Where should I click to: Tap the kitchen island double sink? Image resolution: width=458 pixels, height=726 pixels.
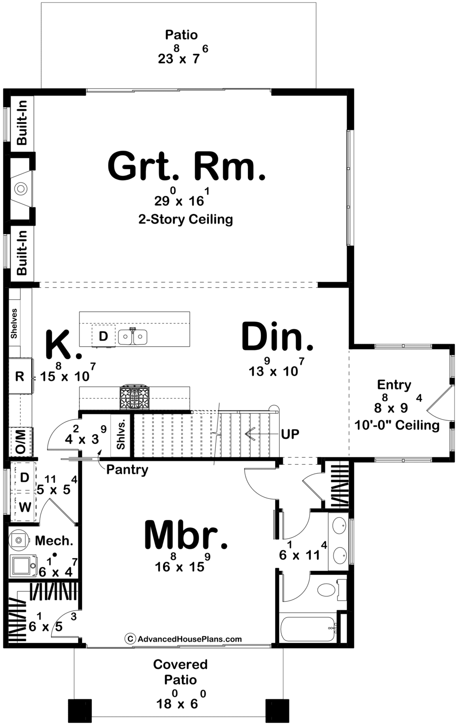[133, 337]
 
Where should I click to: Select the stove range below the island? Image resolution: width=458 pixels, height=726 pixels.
[134, 398]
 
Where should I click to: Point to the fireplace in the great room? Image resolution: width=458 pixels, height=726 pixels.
[21, 188]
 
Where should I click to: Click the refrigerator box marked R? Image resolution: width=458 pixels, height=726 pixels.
[20, 376]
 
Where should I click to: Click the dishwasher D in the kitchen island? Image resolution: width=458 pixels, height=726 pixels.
[103, 336]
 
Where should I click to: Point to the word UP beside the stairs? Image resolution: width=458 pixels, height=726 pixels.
[290, 434]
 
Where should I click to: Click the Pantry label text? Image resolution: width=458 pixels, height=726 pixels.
[128, 469]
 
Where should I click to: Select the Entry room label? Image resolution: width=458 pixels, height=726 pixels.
[394, 385]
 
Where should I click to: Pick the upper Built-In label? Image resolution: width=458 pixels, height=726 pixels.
[22, 123]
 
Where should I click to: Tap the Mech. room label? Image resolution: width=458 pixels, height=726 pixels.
[54, 540]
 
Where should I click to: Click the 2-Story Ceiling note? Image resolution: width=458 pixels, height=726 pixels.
[186, 220]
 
